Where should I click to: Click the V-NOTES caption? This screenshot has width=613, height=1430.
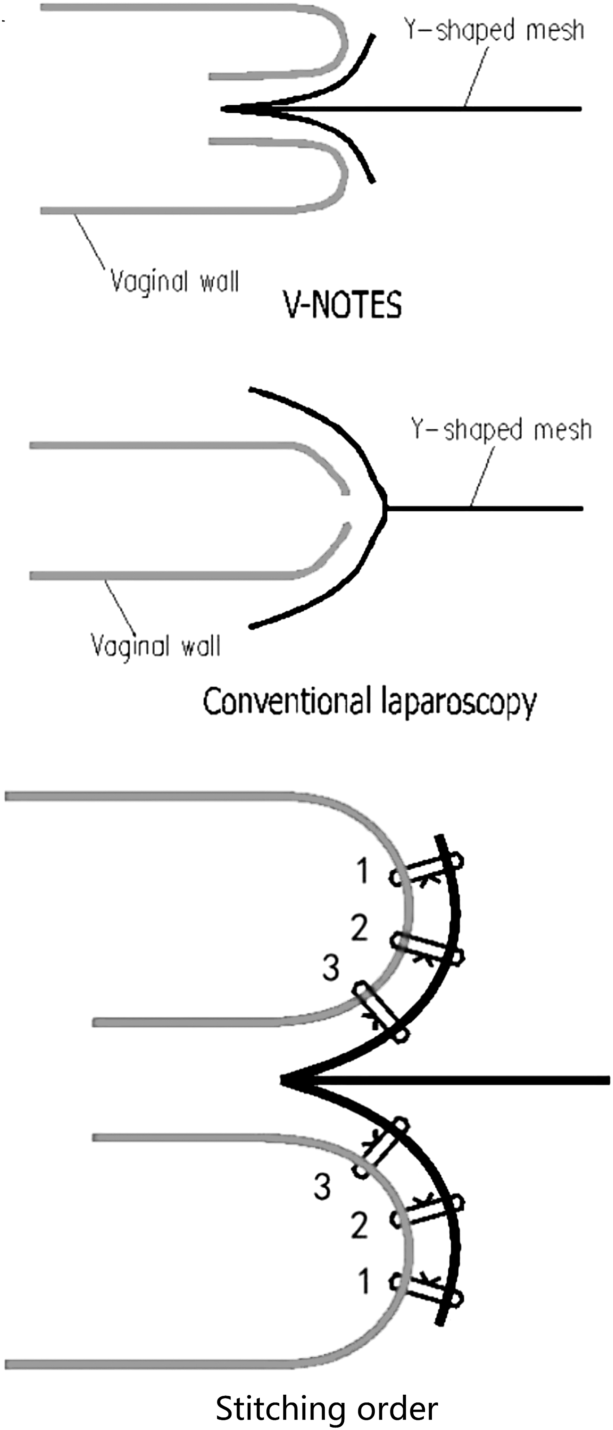pos(343,305)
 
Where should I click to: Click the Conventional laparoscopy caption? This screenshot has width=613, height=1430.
pos(369,702)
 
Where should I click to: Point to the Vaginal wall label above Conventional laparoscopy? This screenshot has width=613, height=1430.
pos(155,646)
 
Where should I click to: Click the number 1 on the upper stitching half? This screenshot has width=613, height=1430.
pos(363,870)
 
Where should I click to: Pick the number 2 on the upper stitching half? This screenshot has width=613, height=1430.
pos(359,927)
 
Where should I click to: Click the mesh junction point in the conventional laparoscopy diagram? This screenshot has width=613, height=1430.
pos(386,508)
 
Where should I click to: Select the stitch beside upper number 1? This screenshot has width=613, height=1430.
pos(426,870)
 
